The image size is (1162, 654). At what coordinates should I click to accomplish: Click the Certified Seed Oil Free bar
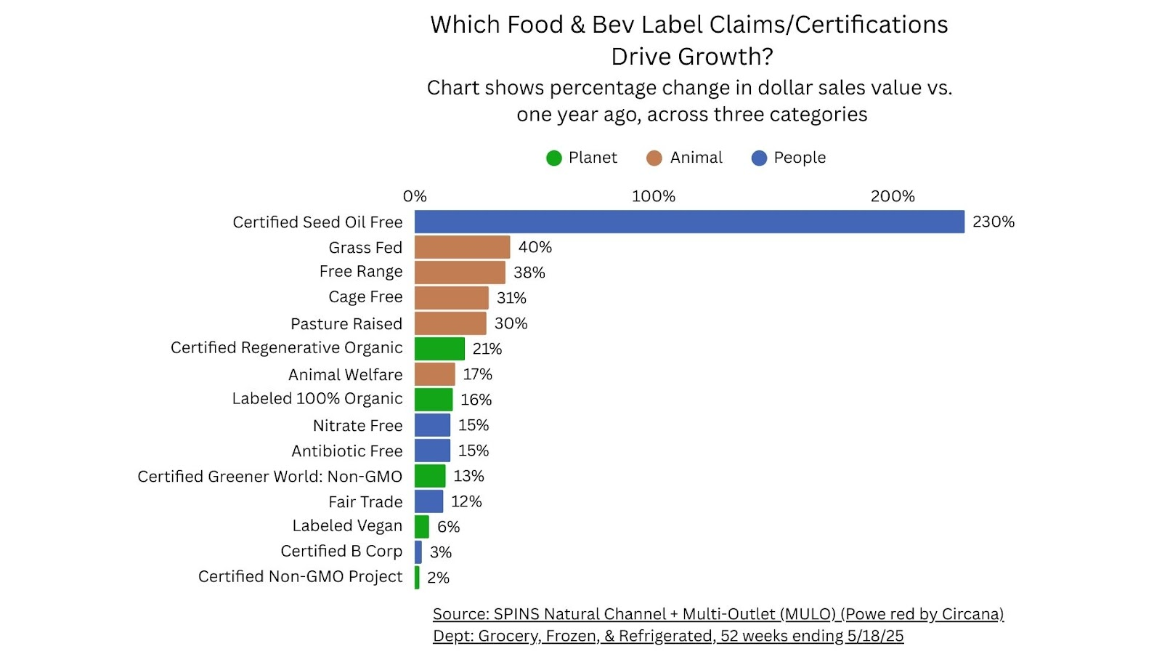pos(689,222)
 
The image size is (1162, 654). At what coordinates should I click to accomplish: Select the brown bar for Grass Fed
pos(462,247)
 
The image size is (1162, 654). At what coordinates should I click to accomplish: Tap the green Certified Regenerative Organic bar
pos(439,349)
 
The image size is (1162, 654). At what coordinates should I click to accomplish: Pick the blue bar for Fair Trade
pos(428,501)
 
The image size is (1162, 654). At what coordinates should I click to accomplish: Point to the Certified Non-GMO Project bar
pos(417,578)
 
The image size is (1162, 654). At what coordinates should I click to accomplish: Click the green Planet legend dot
pos(554,158)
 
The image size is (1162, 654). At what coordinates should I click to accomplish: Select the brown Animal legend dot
pos(654,158)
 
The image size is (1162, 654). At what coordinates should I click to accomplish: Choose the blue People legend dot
pos(759,158)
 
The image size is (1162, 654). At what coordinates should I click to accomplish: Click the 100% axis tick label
pos(653,196)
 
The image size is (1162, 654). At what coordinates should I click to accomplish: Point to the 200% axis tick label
pos(893,196)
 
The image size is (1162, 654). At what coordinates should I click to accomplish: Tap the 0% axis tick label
pos(415,196)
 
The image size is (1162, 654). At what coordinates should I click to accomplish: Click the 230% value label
pos(993,222)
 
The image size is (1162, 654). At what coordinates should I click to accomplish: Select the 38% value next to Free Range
pos(529,272)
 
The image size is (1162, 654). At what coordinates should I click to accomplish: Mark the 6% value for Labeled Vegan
pos(448,527)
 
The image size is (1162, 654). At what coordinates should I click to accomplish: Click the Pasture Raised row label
pos(346,323)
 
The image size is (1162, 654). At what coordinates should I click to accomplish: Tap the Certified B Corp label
pos(341,551)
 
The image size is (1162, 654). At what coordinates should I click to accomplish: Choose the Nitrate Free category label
pos(357,425)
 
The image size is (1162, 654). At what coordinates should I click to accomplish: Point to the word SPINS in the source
pos(516,614)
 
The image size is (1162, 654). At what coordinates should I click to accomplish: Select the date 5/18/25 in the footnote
pos(875,636)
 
